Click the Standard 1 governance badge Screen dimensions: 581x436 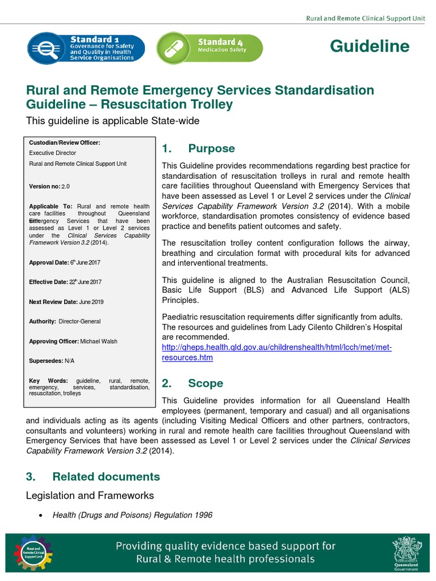tap(86, 47)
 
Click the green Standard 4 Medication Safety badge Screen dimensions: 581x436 tap(209, 47)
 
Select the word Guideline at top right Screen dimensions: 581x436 tap(370, 47)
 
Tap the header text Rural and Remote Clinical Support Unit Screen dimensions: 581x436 tap(365, 19)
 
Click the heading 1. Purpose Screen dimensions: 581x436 tap(198, 149)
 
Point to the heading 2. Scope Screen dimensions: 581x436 tap(192, 384)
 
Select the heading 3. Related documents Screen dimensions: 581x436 tap(93, 477)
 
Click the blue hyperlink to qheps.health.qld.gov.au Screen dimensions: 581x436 tap(276, 352)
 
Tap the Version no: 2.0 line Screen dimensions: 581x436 tap(49, 186)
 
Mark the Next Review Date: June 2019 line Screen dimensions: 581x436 tap(66, 302)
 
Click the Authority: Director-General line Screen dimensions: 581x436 tap(64, 322)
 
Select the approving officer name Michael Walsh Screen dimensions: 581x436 tap(100, 342)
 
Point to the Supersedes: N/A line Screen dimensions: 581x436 tap(51, 361)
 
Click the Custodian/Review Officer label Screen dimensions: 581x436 tap(64, 143)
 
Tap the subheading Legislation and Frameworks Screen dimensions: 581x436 tap(90, 496)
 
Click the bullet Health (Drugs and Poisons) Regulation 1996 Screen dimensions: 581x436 tap(132, 515)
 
